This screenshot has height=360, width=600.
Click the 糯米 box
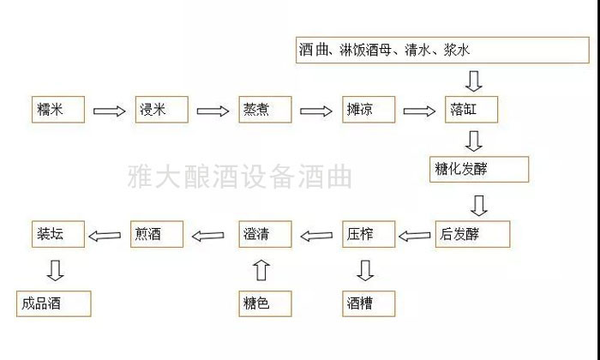[x=58, y=111]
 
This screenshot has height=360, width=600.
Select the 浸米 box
[x=161, y=111]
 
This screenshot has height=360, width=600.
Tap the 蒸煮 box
[x=265, y=111]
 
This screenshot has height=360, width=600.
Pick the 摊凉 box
[x=369, y=111]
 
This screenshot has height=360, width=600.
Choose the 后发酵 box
[x=471, y=234]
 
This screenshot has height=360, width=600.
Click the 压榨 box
[x=369, y=234]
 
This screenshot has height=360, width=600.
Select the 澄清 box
[x=265, y=234]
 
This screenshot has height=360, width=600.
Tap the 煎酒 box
[x=157, y=234]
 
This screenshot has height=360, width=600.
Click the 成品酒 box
[x=53, y=303]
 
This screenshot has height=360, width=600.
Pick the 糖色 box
[x=265, y=303]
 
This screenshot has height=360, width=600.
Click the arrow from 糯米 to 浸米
[x=109, y=111]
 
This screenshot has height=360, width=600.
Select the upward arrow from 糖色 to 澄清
[x=262, y=271]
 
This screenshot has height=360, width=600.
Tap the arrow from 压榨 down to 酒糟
[x=366, y=270]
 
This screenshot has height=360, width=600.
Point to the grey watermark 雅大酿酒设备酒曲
[x=239, y=178]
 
